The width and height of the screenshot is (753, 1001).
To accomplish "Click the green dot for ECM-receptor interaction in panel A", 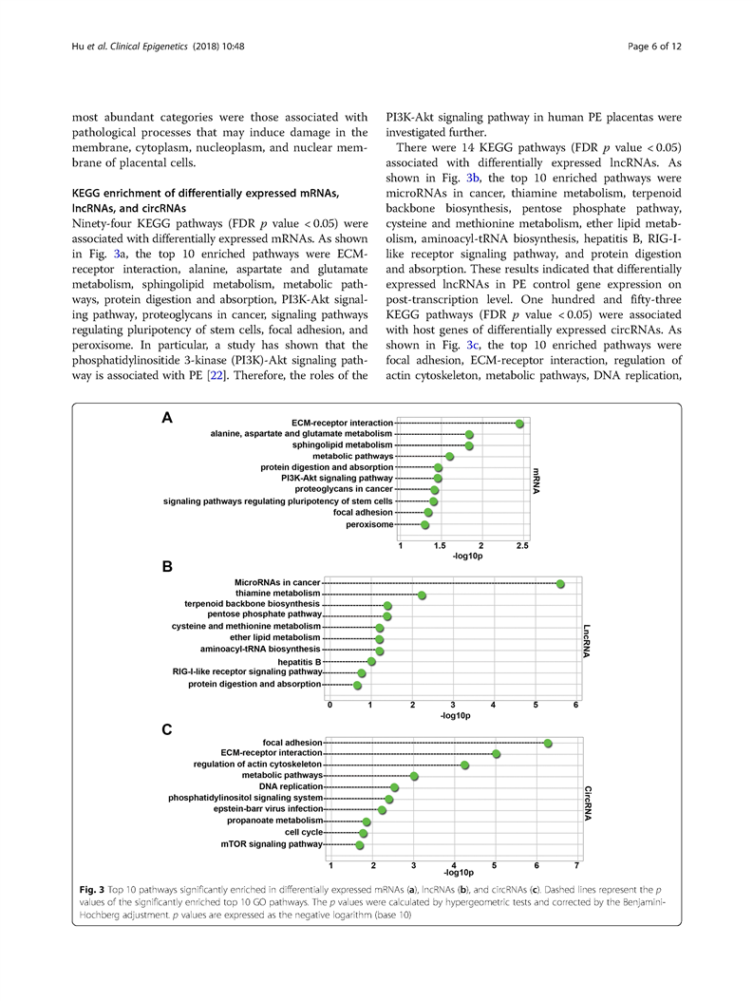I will point(519,424).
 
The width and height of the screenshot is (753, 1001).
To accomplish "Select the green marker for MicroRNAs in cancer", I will point(560,583).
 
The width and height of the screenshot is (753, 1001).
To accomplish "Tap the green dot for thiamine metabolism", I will point(422,595).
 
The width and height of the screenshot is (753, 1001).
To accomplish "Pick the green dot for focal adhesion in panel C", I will point(548,743).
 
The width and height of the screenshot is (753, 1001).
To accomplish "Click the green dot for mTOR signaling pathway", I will point(360,845).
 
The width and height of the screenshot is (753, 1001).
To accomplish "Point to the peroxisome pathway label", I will point(369,524).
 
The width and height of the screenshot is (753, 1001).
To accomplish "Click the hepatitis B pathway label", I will point(299,661).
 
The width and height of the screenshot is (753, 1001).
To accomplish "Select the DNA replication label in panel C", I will point(291,786).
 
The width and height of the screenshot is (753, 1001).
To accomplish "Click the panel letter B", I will point(167,567).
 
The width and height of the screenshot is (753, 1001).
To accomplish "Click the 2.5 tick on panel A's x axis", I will point(522,546).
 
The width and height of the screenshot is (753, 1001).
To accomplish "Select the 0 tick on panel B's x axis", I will point(329,705).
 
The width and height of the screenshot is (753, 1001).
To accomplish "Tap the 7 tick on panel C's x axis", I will point(577,864).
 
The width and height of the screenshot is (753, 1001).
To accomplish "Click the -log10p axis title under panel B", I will point(455,715).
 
